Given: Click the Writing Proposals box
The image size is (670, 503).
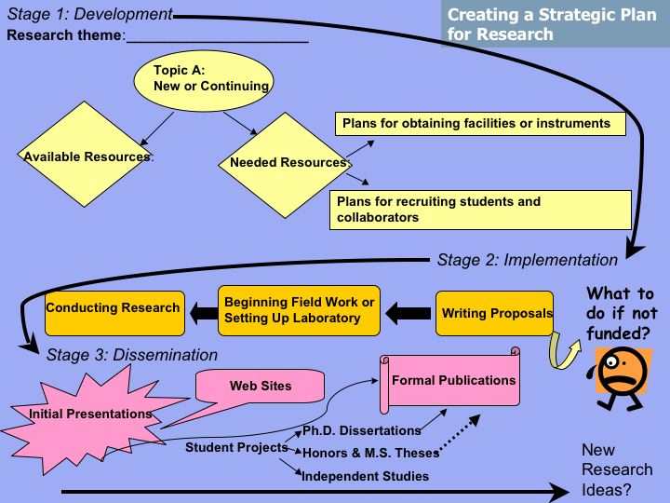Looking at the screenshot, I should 495,313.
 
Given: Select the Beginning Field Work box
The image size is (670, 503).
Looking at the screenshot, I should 299,310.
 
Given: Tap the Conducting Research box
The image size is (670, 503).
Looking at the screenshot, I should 113,308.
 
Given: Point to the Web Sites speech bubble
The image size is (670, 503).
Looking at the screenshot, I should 261,386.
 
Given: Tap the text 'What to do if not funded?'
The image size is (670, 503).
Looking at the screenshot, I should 622,313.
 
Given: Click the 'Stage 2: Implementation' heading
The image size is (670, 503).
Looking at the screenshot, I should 527,260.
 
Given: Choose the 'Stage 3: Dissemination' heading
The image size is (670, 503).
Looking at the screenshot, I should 131,354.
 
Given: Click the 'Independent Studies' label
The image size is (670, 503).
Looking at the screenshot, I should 365,476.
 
